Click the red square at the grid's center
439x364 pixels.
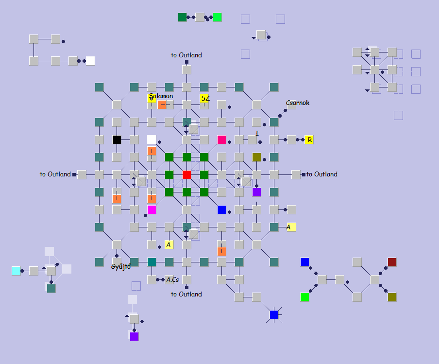tap(186, 174)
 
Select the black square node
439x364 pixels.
tap(117, 139)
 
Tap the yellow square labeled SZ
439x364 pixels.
tap(205, 99)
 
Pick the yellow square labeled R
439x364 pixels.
tap(309, 139)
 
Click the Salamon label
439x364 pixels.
tap(161, 96)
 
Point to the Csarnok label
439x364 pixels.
tap(298, 103)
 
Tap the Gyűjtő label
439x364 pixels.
tap(121, 266)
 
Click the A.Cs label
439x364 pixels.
tap(172, 279)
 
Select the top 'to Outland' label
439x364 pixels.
tap(186, 55)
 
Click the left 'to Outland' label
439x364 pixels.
tap(55, 174)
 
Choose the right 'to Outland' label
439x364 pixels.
tap(321, 174)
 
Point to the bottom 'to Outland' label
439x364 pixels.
tap(186, 294)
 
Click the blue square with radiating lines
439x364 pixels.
tap(274, 314)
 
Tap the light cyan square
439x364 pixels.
tap(16, 271)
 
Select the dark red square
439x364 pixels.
tap(392, 262)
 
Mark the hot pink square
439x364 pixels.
tap(221, 139)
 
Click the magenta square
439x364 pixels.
tap(152, 209)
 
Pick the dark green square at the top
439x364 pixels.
tap(182, 17)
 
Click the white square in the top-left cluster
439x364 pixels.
tap(90, 61)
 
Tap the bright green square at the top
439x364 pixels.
tap(217, 17)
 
